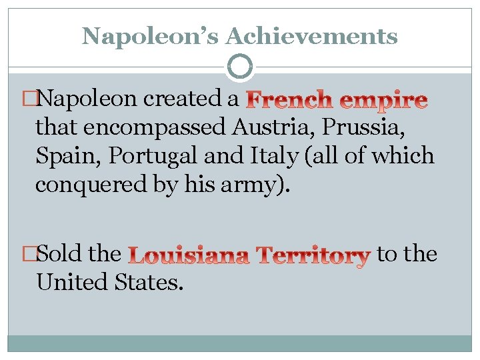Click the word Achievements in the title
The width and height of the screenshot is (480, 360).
point(311,37)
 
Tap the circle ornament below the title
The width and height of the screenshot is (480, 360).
point(240,67)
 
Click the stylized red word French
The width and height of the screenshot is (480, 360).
point(290,100)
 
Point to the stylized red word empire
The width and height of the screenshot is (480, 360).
point(383,100)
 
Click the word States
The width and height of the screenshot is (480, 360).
point(150,283)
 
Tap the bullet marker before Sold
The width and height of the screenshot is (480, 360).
point(29,254)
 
